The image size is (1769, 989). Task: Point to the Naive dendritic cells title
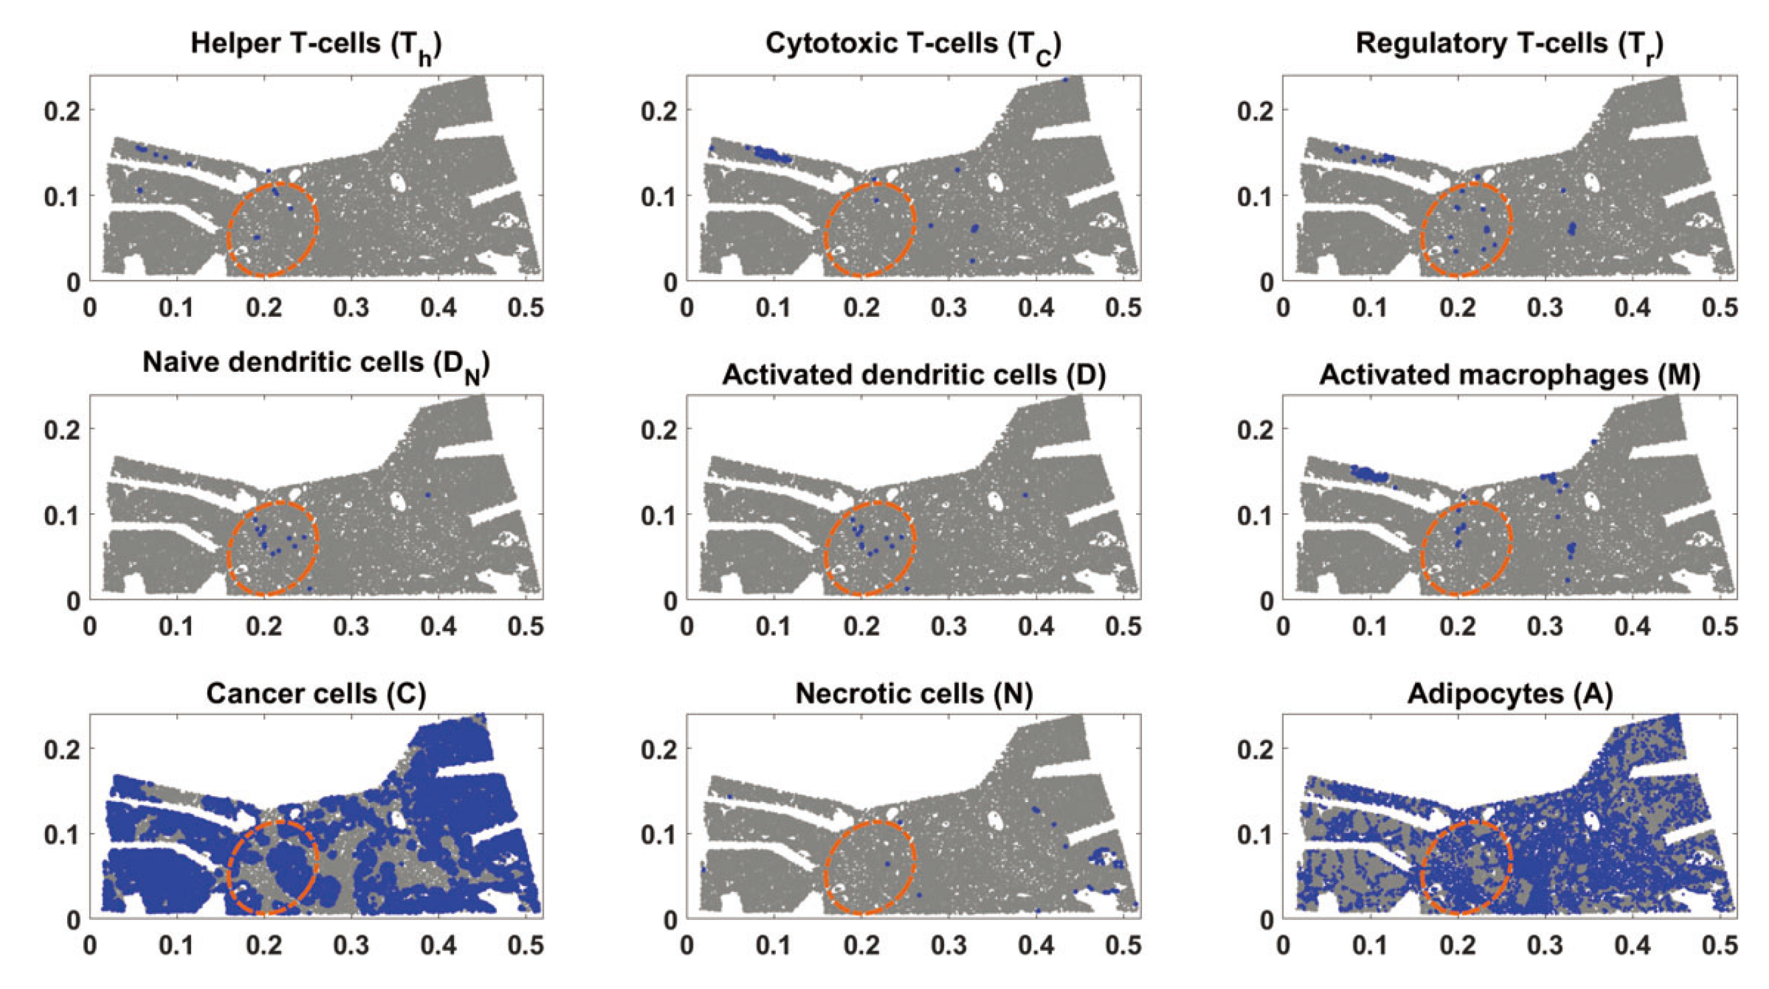[316, 365]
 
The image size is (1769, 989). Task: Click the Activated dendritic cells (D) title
[913, 375]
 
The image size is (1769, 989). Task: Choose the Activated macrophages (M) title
[1509, 375]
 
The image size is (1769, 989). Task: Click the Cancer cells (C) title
[316, 694]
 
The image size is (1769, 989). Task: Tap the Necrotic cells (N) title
[913, 694]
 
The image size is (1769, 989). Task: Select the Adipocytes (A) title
[1509, 694]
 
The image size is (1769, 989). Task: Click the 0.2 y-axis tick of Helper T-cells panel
[62, 111]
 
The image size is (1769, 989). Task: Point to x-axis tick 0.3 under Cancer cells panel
[351, 945]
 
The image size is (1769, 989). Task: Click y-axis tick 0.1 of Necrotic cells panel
[659, 834]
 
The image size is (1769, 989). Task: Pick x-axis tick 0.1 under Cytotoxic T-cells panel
[774, 308]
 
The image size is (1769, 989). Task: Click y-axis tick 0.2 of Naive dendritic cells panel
[62, 430]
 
